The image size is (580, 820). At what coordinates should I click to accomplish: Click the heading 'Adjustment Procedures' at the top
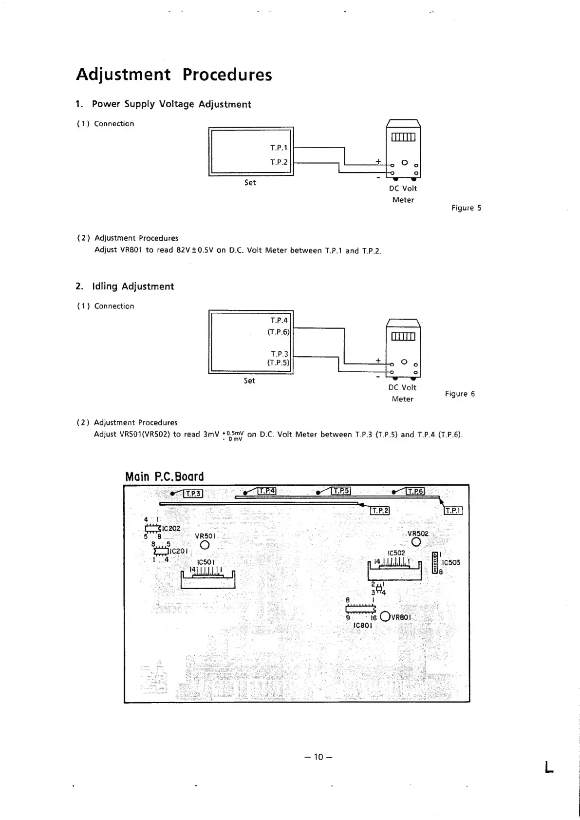pyautogui.click(x=174, y=75)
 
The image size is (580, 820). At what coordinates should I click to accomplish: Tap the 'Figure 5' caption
pyautogui.click(x=466, y=208)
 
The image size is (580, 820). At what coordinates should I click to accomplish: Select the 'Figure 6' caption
pyautogui.click(x=460, y=394)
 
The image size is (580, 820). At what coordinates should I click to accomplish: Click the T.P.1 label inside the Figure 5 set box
pyautogui.click(x=279, y=147)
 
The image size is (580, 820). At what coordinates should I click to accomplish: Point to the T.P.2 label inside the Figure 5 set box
pyautogui.click(x=279, y=162)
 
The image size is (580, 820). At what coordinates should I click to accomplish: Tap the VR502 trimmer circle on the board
pyautogui.click(x=416, y=542)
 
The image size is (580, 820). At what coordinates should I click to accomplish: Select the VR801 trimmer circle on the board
pyautogui.click(x=385, y=616)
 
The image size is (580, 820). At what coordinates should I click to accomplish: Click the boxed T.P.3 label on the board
pyautogui.click(x=194, y=494)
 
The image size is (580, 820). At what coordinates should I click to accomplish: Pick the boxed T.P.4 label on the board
pyautogui.click(x=267, y=491)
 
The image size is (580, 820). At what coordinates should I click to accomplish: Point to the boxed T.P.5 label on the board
pyautogui.click(x=341, y=491)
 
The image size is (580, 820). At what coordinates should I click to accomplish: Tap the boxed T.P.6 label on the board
pyautogui.click(x=415, y=491)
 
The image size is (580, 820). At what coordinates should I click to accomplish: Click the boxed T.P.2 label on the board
pyautogui.click(x=380, y=510)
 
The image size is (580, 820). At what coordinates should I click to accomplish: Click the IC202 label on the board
pyautogui.click(x=171, y=529)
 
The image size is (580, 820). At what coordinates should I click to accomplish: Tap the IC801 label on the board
pyautogui.click(x=363, y=625)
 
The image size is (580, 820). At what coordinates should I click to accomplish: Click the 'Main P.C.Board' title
pyautogui.click(x=165, y=477)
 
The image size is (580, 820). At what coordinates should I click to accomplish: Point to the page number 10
pyautogui.click(x=318, y=757)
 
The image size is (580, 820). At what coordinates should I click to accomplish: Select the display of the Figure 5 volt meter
pyautogui.click(x=403, y=137)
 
